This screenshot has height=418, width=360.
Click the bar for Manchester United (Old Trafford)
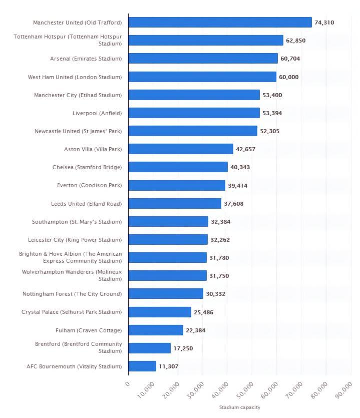220,23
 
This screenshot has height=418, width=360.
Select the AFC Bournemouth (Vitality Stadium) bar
142,366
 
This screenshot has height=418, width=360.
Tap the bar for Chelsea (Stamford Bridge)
178,167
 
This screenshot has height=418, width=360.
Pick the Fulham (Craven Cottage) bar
156,330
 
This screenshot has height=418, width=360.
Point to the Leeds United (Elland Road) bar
175,204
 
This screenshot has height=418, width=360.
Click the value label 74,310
324,23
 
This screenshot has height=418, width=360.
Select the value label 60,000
288,77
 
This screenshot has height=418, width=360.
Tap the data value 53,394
272,113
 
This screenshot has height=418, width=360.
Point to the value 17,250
183,348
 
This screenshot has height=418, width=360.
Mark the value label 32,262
220,240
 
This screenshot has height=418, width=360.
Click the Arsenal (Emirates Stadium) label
86,59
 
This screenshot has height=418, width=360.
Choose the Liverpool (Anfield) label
97,113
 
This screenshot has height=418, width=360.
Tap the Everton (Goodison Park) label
89,186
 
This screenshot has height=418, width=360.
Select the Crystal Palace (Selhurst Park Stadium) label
72,312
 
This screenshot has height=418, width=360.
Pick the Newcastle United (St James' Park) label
78,131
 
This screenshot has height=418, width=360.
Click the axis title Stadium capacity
239,407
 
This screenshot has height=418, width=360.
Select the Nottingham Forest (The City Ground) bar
166,294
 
